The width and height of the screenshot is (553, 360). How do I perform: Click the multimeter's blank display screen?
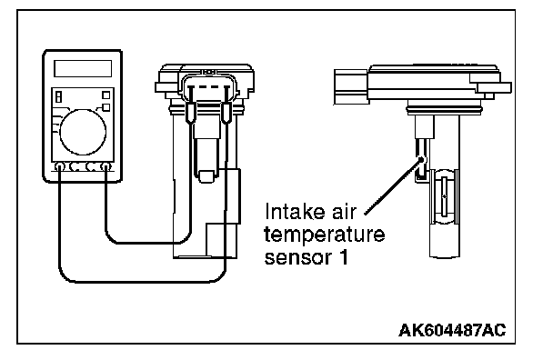coord(83,68)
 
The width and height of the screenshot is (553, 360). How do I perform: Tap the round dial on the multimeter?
coord(83,132)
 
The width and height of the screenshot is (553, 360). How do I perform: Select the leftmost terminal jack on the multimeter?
coord(60,166)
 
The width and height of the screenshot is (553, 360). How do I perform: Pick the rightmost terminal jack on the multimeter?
coord(106,166)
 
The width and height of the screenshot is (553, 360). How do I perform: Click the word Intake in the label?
coord(295,212)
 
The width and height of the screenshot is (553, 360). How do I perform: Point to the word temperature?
coord(324,235)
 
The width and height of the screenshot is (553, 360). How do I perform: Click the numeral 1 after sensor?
coord(344,256)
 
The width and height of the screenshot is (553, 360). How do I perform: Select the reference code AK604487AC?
coord(452,330)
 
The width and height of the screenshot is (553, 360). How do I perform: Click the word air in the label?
coord(344,212)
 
